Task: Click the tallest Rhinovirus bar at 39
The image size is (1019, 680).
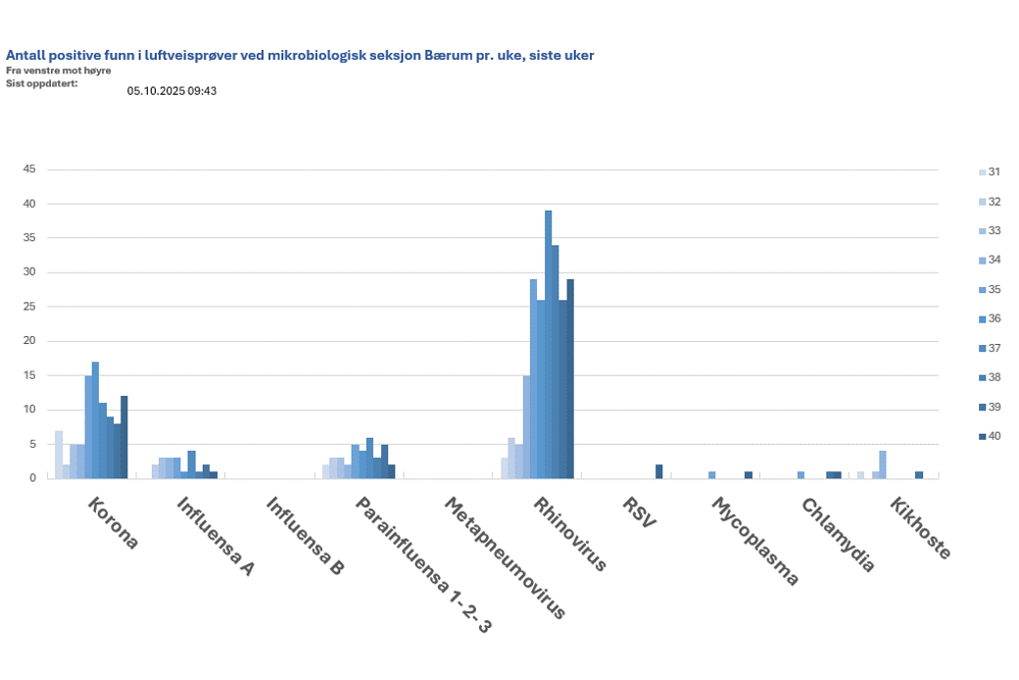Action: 549,344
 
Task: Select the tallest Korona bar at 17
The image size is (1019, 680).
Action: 95,420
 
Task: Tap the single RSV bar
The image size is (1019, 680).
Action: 659,471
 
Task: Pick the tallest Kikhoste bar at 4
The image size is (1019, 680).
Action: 883,464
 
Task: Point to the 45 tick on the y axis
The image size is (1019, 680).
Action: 29,170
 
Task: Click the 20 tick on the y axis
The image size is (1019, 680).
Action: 29,341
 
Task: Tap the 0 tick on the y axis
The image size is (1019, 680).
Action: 32,478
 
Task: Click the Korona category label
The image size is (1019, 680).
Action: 114,524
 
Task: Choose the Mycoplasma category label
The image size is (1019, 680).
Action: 755,542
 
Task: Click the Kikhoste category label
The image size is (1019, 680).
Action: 921,529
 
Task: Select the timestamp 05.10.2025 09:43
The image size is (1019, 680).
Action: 171,91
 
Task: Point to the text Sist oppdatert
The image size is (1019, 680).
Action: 41,83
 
